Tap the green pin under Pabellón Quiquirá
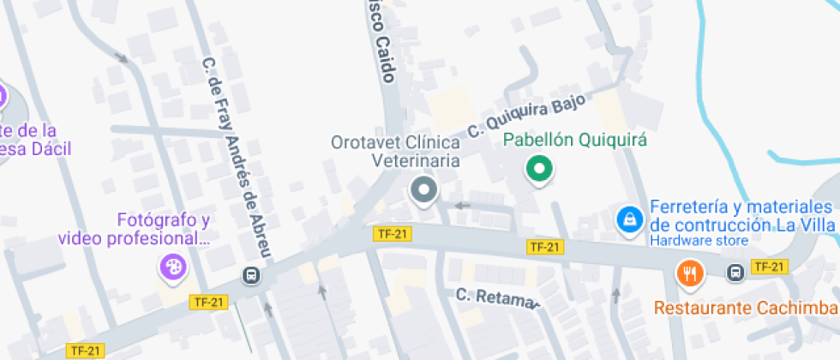538,169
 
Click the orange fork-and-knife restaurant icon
690,273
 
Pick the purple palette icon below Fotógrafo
171,267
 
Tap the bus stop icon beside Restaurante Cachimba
735,273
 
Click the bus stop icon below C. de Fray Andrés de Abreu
252,275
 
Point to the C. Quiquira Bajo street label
526,116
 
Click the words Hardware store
699,241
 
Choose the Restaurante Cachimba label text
746,307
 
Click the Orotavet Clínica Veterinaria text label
396,150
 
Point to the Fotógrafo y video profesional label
135,229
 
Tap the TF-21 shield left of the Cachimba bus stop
768,267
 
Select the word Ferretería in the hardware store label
691,207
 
